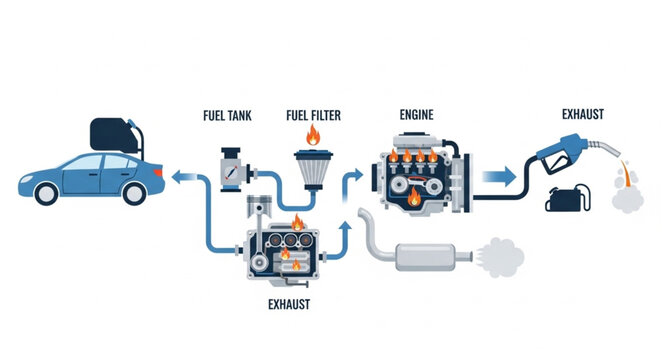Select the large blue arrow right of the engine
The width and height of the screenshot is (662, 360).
coord(494,177)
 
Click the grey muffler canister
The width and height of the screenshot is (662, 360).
coord(430,256)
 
